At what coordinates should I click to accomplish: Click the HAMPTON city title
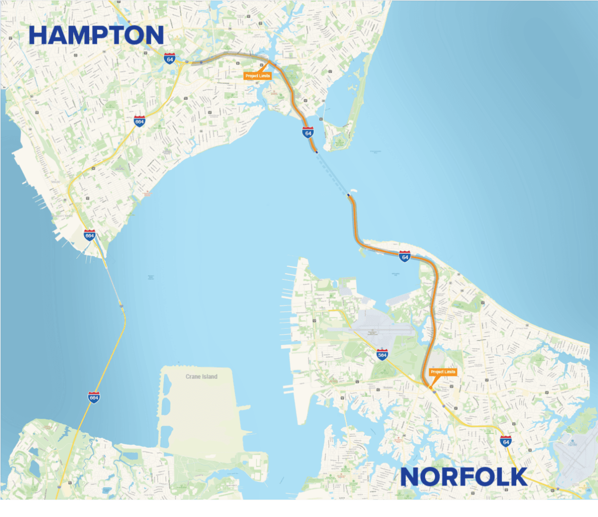(96, 35)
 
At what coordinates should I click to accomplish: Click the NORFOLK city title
(464, 477)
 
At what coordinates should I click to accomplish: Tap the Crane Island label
(201, 376)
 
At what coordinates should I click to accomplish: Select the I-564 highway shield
(382, 354)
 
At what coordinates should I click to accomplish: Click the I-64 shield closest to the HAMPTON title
(170, 58)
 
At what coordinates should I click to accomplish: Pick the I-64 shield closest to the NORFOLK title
(506, 441)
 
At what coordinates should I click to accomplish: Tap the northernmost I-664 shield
(140, 121)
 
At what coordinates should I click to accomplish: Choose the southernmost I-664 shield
(94, 397)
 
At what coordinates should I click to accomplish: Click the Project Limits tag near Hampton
(258, 76)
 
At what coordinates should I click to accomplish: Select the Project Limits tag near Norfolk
(443, 372)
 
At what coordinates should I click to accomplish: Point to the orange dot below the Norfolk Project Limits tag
(430, 386)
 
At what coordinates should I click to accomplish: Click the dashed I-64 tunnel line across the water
(332, 172)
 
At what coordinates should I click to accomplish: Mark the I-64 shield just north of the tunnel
(308, 132)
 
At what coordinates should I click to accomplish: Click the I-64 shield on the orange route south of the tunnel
(405, 256)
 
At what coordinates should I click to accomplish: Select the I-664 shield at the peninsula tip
(90, 235)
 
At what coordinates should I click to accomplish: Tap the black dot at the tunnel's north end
(316, 151)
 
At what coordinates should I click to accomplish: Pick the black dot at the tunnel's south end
(348, 195)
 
